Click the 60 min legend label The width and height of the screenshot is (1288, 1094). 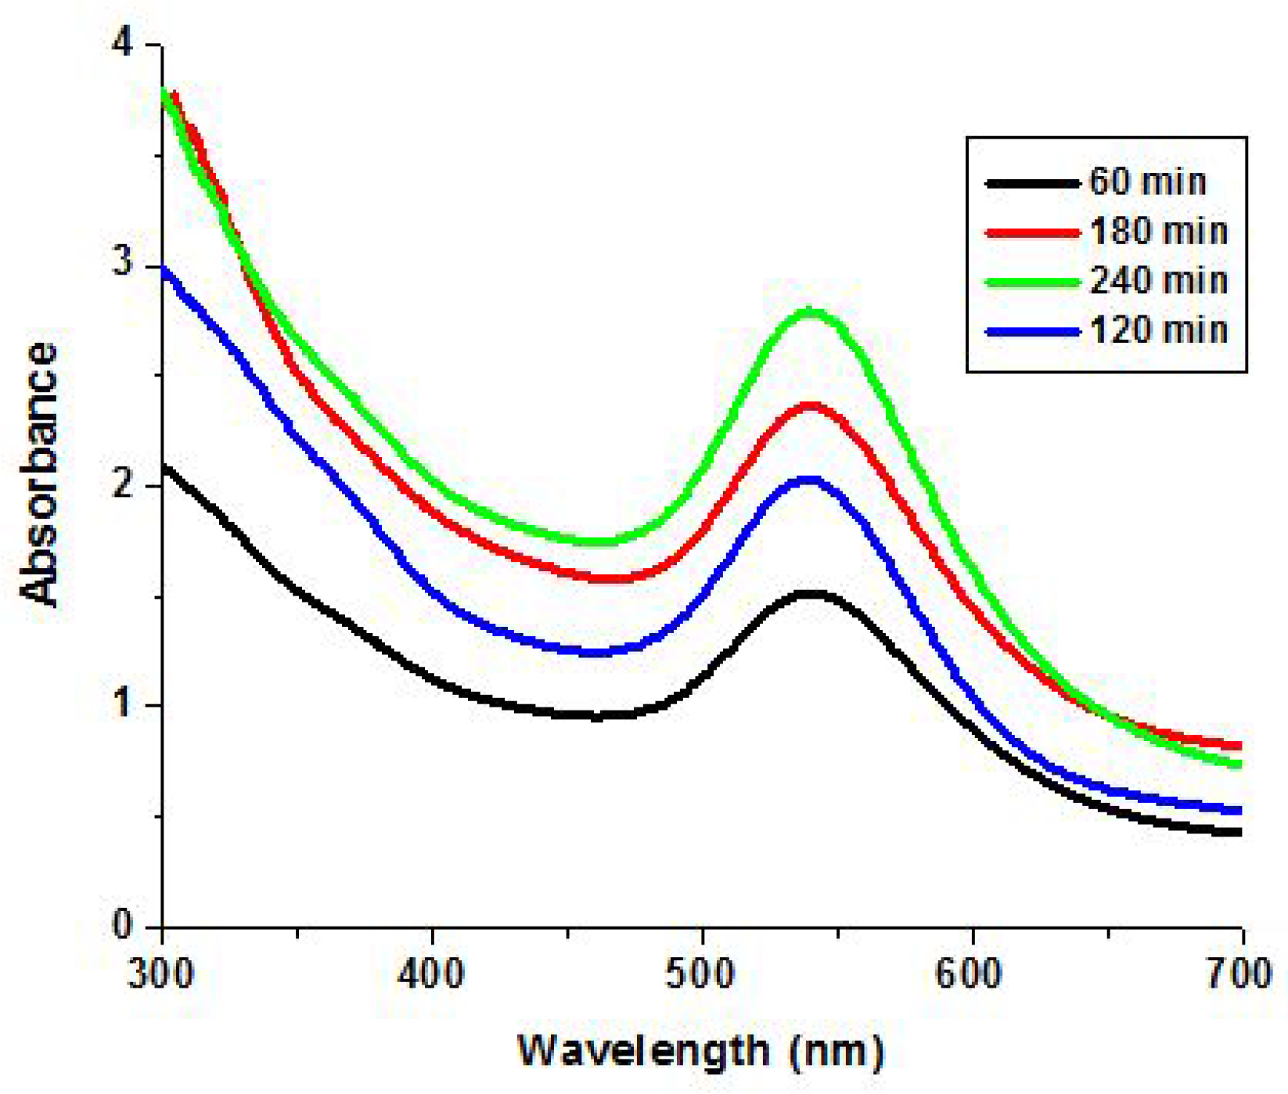pyautogui.click(x=1147, y=182)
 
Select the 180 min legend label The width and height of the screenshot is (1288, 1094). pyautogui.click(x=1158, y=232)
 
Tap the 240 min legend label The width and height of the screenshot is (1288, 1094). pyautogui.click(x=1158, y=281)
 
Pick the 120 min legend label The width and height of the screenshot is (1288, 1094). pyautogui.click(x=1158, y=330)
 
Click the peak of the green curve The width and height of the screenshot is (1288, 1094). pyautogui.click(x=812, y=313)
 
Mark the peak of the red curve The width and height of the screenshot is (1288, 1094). pyautogui.click(x=811, y=407)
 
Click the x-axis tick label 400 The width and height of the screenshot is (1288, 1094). pyautogui.click(x=432, y=975)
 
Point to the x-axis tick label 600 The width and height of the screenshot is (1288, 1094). pyautogui.click(x=973, y=975)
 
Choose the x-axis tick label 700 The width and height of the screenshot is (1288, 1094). pyautogui.click(x=1241, y=975)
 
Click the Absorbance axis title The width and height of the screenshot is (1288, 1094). pyautogui.click(x=39, y=473)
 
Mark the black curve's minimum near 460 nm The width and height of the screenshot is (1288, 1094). pyautogui.click(x=595, y=715)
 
